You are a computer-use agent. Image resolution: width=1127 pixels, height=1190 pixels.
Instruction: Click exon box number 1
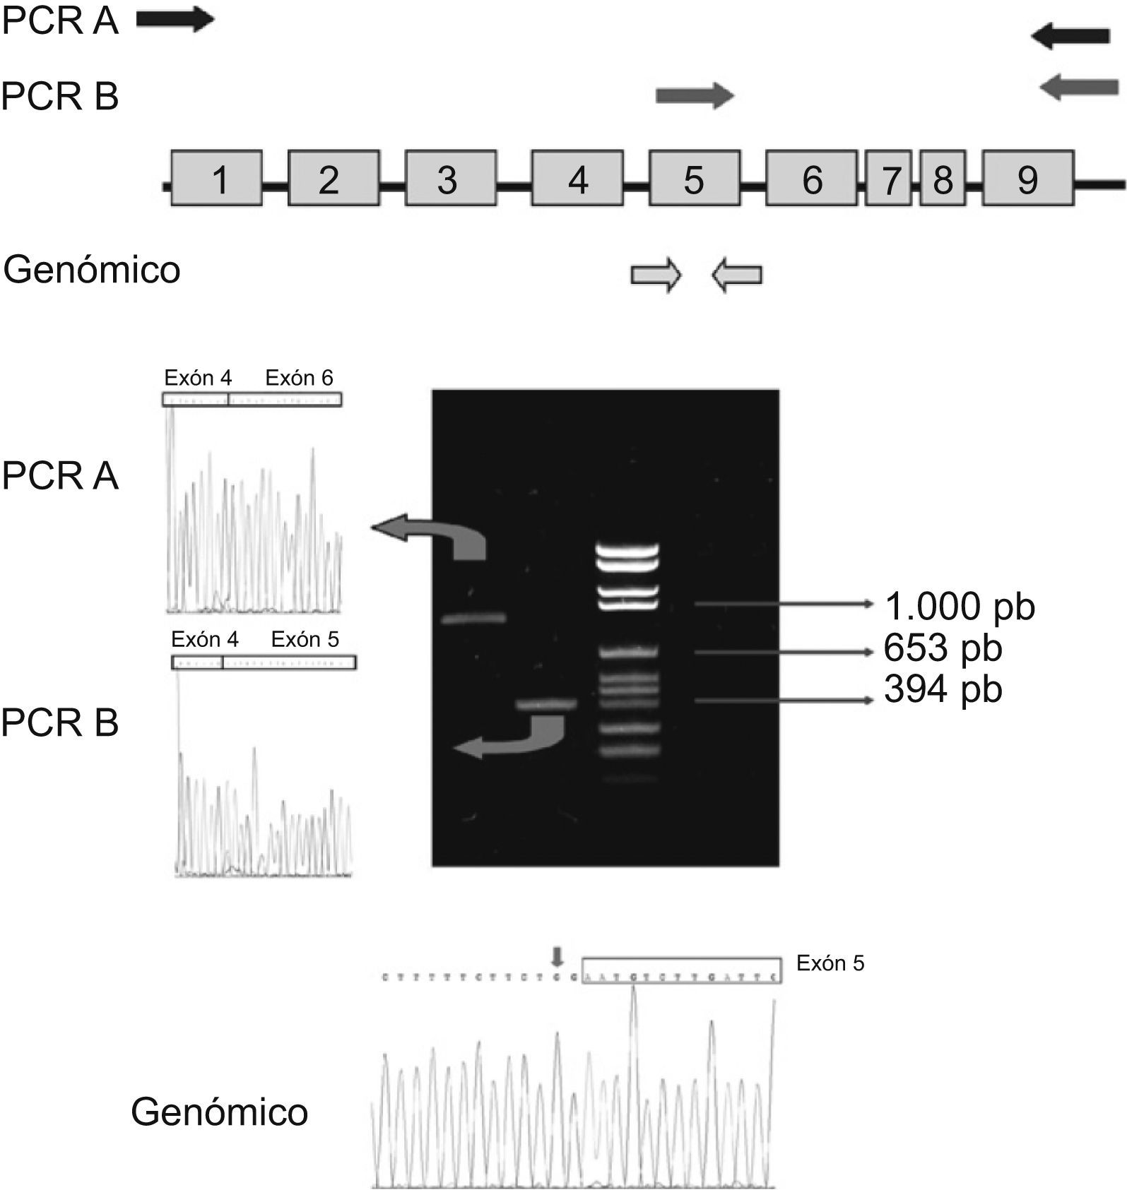tap(217, 179)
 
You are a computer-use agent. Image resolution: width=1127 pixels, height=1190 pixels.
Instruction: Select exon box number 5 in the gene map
tap(695, 179)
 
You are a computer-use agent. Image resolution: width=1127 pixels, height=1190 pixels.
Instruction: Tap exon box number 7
tap(888, 179)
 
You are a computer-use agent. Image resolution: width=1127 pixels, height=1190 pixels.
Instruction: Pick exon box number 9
tap(1028, 179)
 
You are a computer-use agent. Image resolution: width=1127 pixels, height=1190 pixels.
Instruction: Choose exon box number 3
tap(450, 179)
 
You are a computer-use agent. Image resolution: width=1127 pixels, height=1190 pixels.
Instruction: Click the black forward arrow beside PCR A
tap(175, 20)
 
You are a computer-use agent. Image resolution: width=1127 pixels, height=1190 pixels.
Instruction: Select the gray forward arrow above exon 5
tap(695, 95)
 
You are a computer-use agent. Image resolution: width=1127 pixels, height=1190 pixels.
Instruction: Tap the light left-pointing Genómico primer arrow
tap(737, 275)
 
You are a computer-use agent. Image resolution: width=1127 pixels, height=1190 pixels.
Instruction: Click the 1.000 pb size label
tap(960, 606)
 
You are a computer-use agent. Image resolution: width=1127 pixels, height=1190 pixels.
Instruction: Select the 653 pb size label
tap(943, 648)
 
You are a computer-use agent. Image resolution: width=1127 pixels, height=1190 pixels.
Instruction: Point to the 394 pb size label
tap(943, 689)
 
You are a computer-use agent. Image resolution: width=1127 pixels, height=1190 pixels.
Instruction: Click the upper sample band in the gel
tap(473, 619)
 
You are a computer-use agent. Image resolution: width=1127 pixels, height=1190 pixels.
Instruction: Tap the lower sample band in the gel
tap(547, 704)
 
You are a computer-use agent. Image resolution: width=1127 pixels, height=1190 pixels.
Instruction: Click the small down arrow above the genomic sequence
tap(558, 957)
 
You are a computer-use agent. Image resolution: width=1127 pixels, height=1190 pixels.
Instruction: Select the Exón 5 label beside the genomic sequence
tap(830, 963)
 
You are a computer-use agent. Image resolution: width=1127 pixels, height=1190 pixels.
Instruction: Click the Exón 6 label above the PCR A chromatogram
tap(299, 378)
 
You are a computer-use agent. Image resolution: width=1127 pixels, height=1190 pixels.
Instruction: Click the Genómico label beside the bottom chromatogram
tap(219, 1112)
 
